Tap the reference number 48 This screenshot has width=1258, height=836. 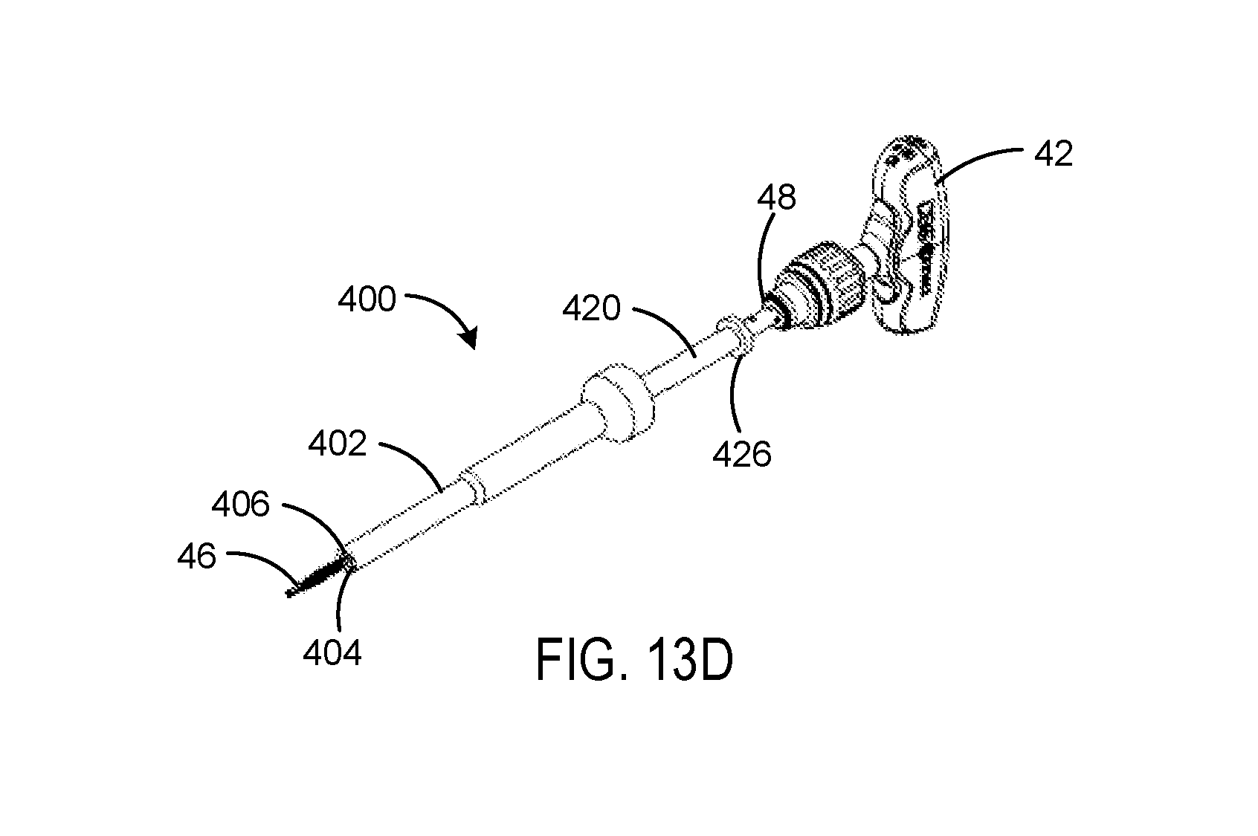777,198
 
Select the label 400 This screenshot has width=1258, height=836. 367,299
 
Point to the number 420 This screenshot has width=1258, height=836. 591,308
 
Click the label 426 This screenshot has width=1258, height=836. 742,454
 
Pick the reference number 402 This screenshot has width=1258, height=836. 337,444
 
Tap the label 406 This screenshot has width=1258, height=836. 240,504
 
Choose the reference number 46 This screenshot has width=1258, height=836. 196,557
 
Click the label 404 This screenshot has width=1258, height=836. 332,653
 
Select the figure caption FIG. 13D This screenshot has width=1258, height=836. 635,661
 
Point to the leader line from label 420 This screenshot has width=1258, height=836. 671,325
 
